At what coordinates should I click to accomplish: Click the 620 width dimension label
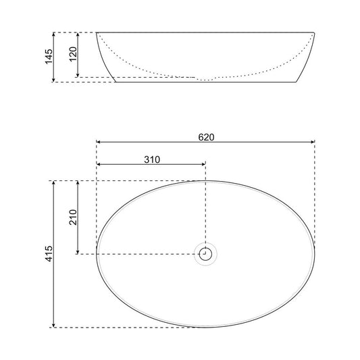(x=206, y=137)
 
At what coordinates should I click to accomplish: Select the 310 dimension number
(x=151, y=159)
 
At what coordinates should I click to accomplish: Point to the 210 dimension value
(x=73, y=217)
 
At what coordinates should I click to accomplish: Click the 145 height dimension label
(x=49, y=57)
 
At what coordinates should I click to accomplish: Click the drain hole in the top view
(x=205, y=254)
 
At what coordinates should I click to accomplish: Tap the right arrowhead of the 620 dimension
(x=312, y=143)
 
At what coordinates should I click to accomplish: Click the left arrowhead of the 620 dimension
(x=100, y=143)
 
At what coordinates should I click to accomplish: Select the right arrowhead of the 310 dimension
(x=202, y=164)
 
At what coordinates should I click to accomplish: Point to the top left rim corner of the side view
(x=97, y=32)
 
